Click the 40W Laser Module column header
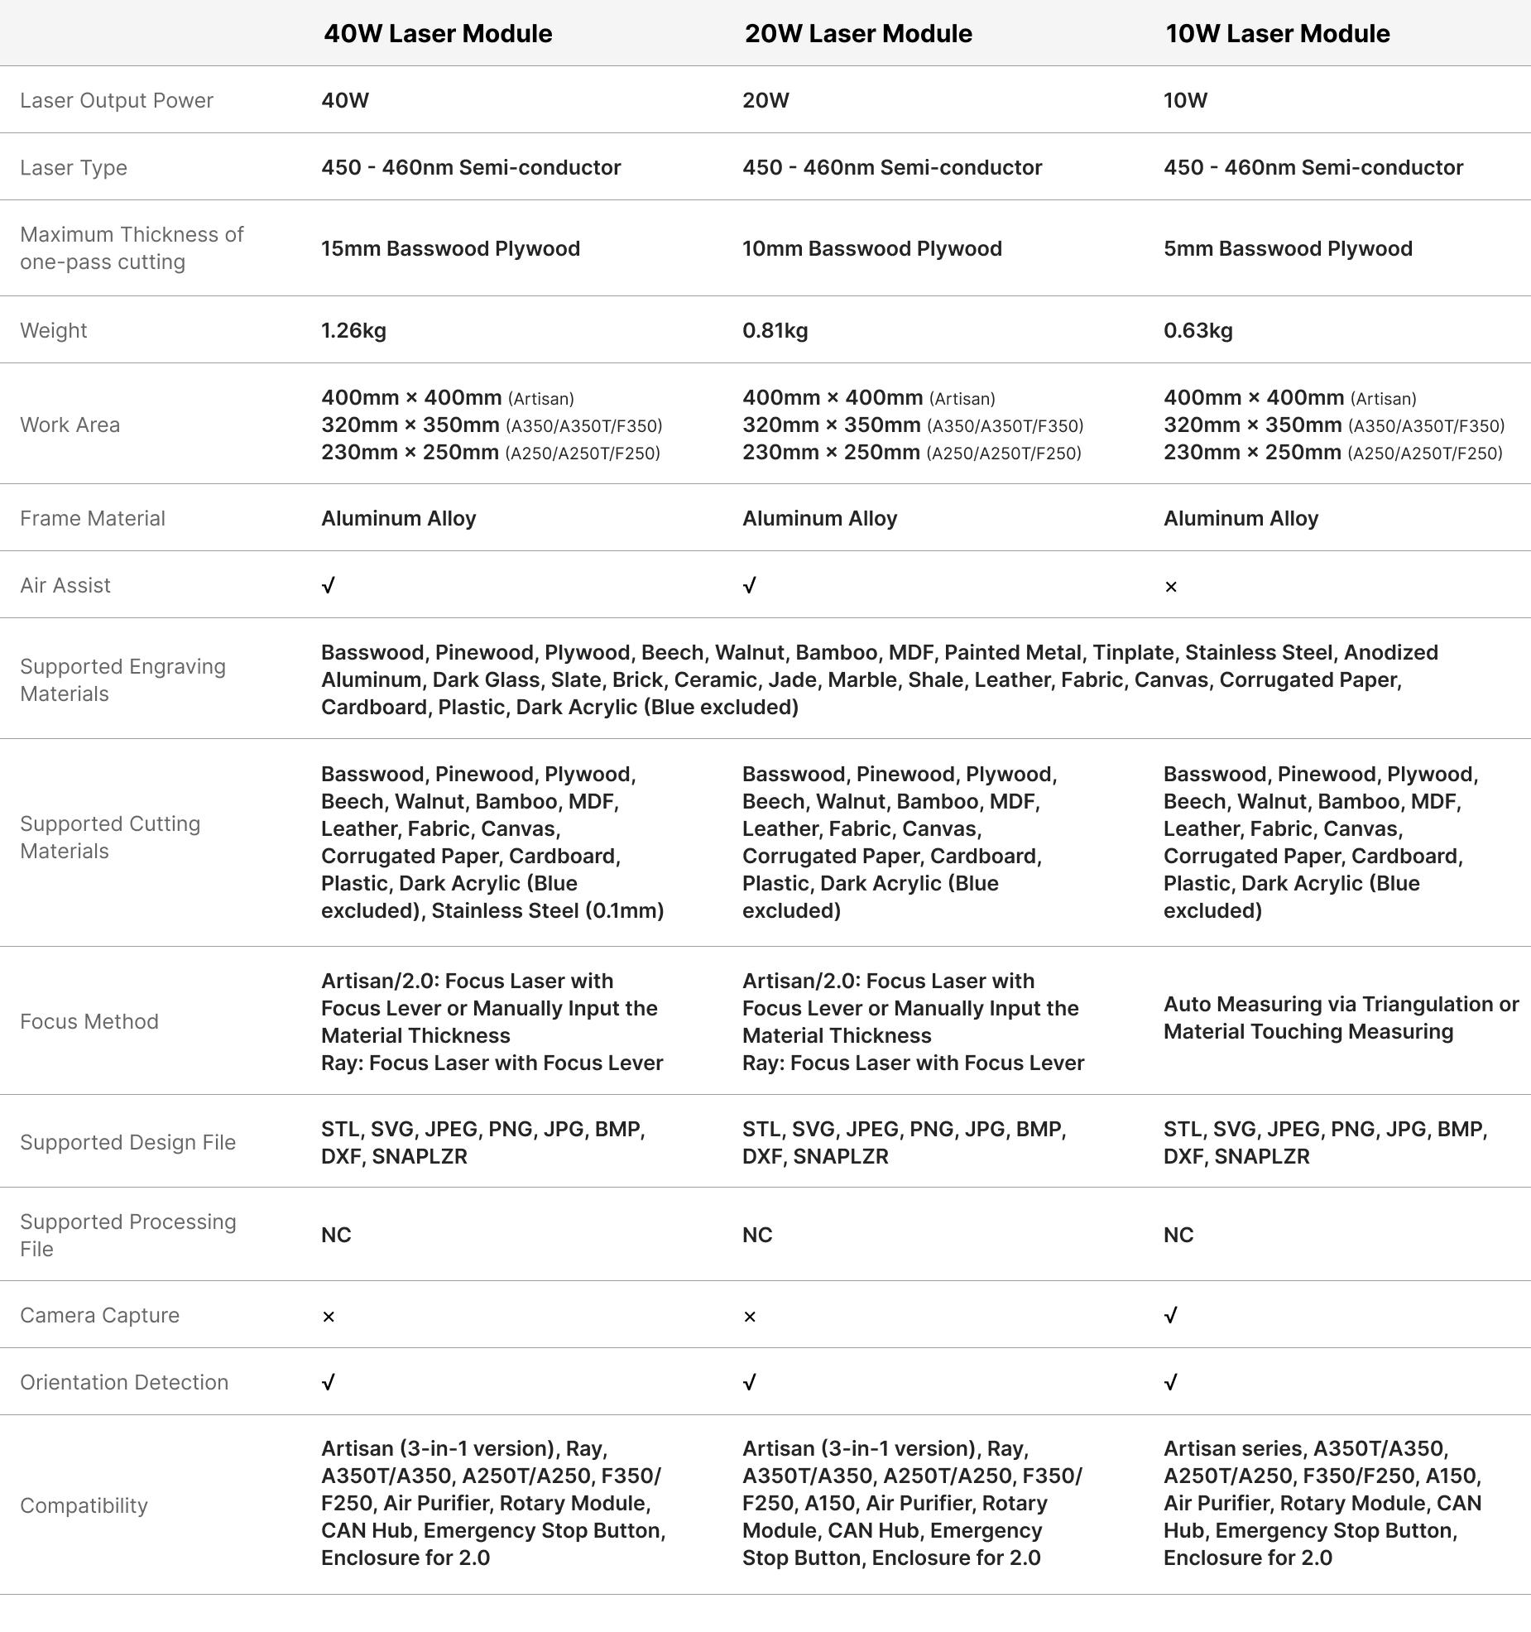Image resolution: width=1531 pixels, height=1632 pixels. pos(437,34)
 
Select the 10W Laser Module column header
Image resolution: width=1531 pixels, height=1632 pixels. pos(1277,34)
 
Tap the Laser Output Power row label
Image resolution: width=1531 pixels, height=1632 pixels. pos(117,100)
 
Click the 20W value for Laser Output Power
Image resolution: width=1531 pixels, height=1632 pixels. pos(765,100)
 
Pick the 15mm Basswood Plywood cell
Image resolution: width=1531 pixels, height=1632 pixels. pos(450,248)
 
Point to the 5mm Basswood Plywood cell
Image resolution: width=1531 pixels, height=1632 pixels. pos(1288,248)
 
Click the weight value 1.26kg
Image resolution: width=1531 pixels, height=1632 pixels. pos(353,330)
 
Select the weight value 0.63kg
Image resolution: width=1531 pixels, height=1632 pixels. pos(1197,330)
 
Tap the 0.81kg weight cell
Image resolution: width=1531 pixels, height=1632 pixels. pos(775,330)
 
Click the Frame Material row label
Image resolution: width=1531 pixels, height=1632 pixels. pos(93,518)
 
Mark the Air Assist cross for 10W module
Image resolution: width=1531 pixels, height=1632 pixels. pos(1170,587)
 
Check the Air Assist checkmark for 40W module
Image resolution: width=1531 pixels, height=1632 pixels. pos(329,586)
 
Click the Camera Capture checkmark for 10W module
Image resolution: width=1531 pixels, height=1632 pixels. pos(1170,1315)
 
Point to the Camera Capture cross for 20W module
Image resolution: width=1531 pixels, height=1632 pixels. pos(750,1317)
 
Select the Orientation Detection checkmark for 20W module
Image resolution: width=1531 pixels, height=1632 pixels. pos(750,1382)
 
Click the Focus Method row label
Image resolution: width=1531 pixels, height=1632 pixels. pos(89,1021)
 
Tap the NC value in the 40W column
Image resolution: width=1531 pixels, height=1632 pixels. pos(336,1235)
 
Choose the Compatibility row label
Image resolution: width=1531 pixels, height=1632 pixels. pos(84,1505)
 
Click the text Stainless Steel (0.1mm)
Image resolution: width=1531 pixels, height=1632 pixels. pos(548,910)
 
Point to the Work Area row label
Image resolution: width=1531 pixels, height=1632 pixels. pos(70,425)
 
